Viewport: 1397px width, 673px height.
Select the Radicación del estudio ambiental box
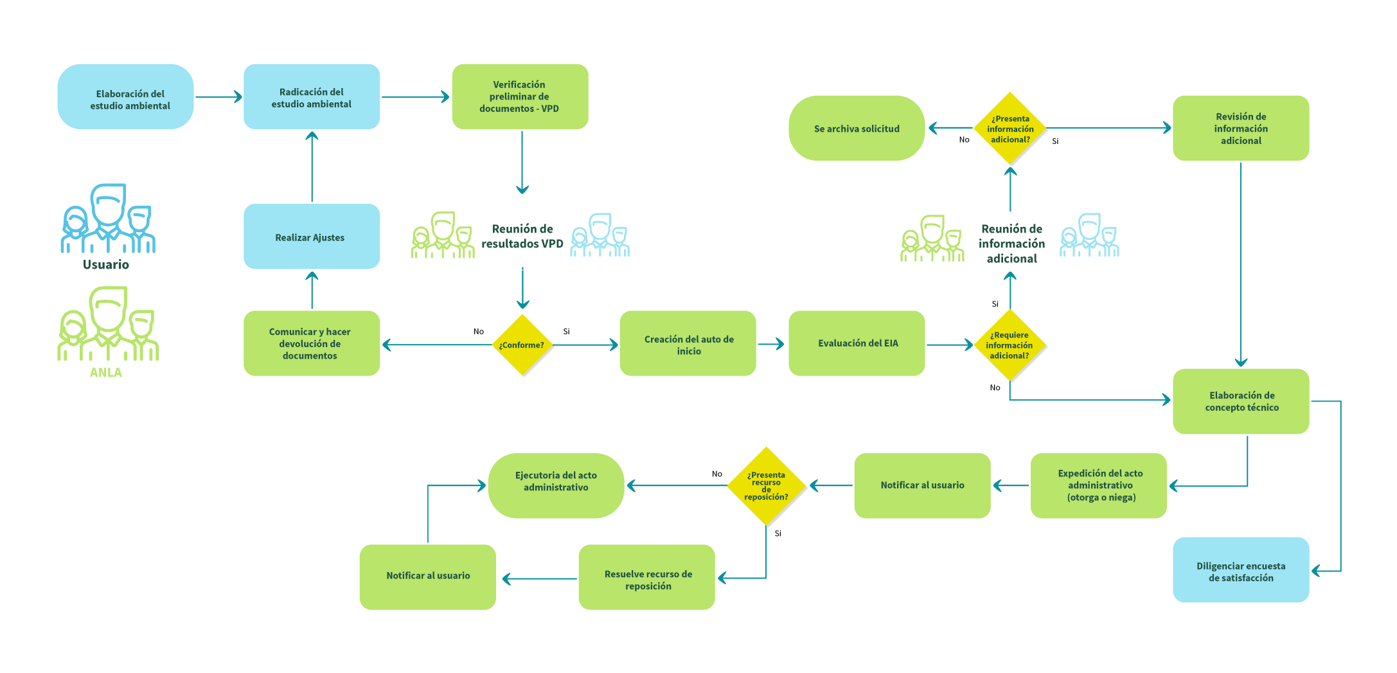pos(312,97)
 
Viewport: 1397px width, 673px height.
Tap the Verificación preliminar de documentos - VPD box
pos(520,97)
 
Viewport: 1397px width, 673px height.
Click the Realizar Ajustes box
pos(312,237)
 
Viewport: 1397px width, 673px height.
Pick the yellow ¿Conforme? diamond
pos(522,345)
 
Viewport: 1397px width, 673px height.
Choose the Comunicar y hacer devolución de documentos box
pos(312,343)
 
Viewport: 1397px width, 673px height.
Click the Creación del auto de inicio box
pos(688,343)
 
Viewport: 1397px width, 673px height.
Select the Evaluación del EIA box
pos(857,343)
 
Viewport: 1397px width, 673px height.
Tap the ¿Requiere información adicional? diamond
pos(1010,345)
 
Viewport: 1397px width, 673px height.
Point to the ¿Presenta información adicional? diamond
pos(1010,129)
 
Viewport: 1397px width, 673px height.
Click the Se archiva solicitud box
pos(857,129)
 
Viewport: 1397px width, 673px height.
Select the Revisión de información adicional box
pos(1241,129)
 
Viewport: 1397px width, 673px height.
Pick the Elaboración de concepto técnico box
pos(1241,401)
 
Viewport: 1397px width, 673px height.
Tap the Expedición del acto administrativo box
pos(1099,485)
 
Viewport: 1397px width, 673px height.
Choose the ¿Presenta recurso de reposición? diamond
pos(766,486)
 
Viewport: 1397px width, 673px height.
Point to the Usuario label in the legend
pos(106,265)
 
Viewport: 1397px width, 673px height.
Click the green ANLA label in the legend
pos(106,373)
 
